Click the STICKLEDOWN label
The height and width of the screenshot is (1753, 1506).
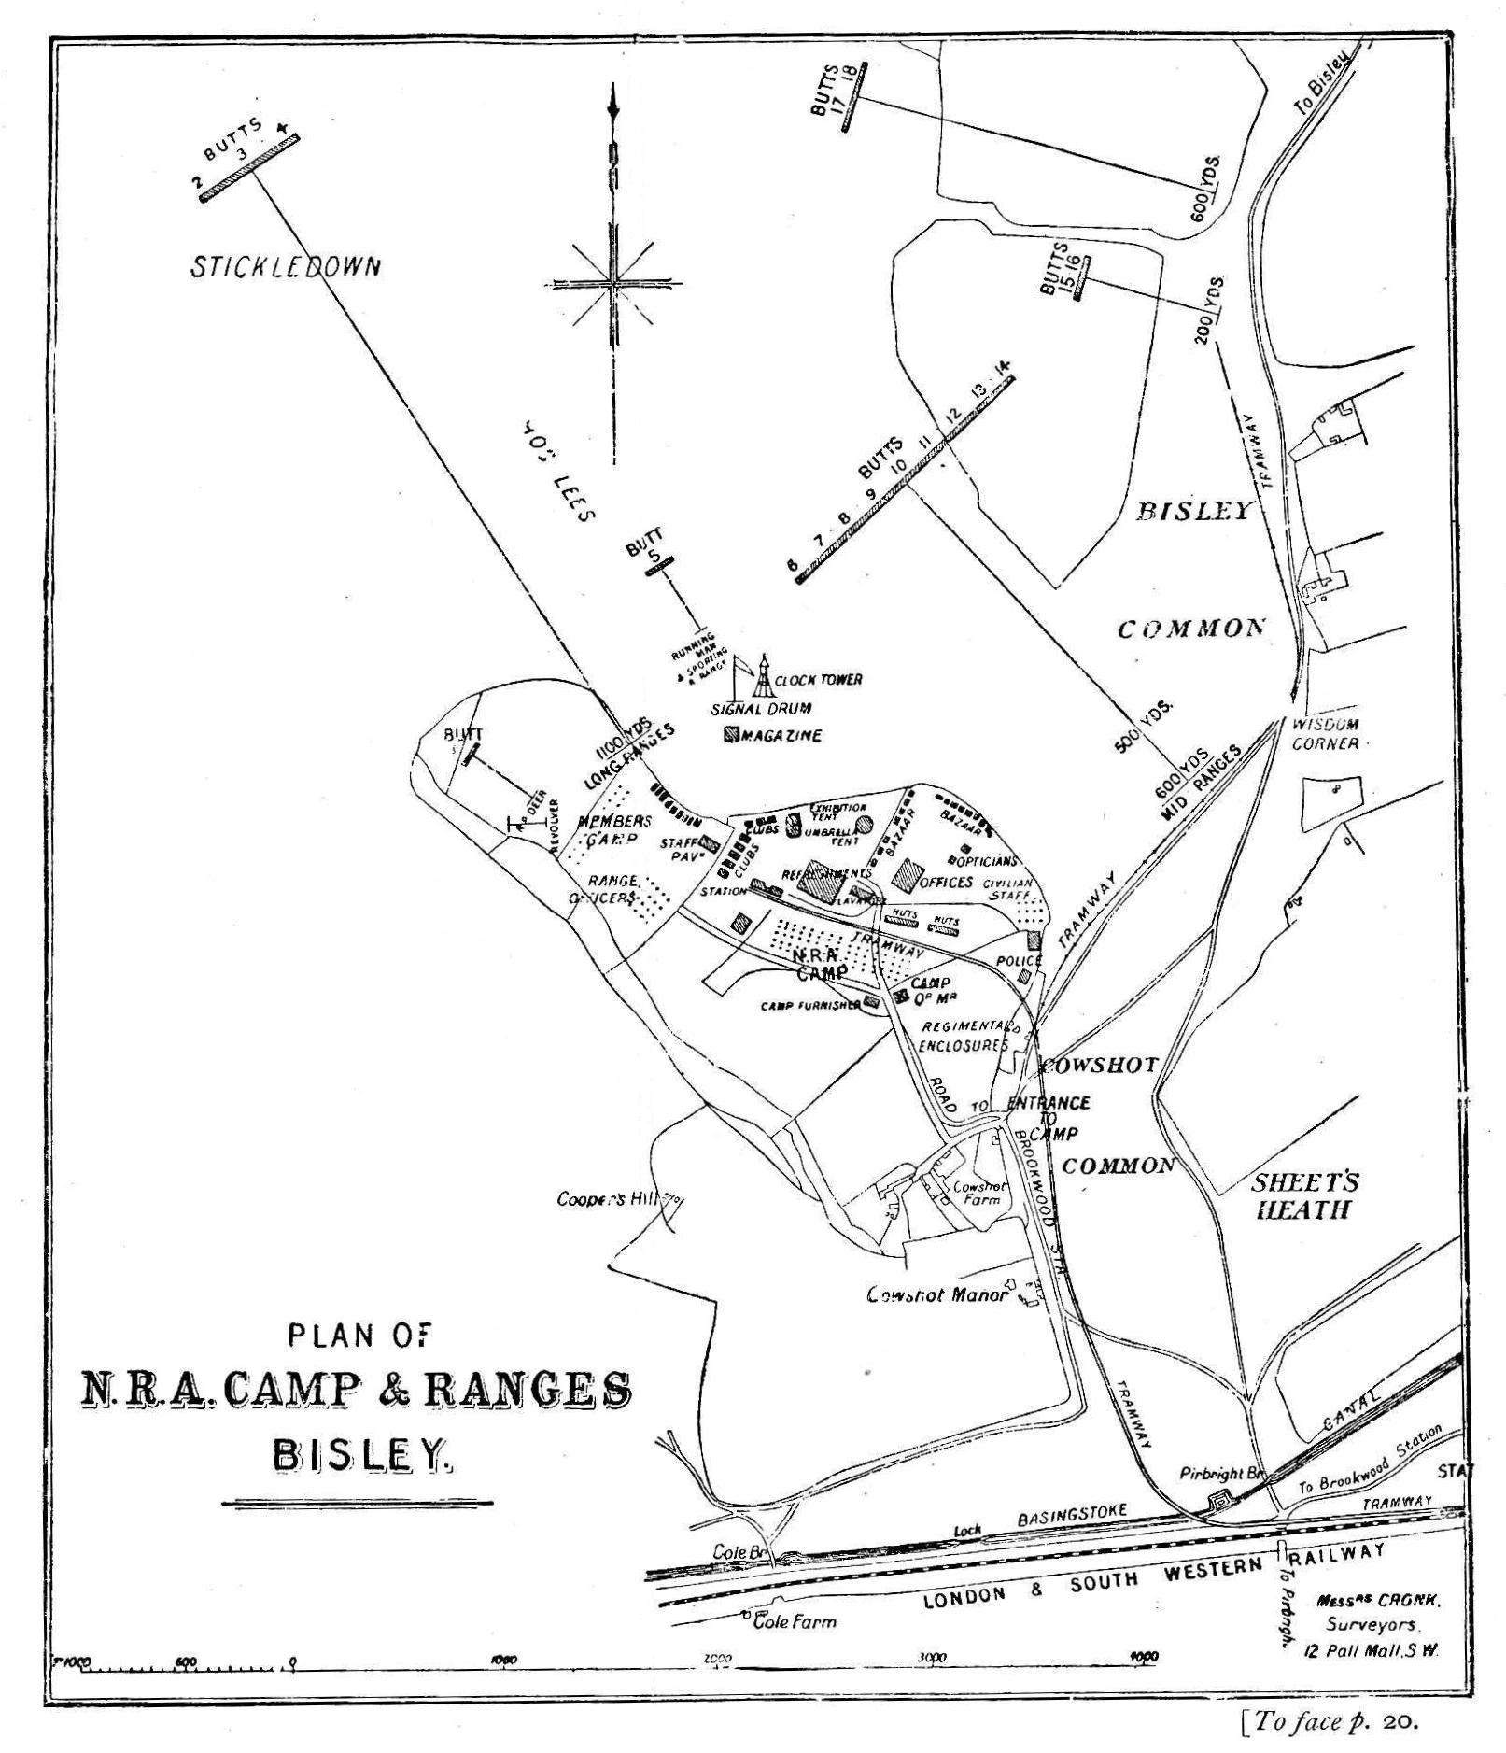pos(286,267)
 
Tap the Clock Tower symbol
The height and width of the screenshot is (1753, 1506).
pos(765,677)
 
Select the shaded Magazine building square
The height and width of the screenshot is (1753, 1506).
pos(731,734)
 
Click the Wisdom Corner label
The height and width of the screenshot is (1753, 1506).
pos(1325,734)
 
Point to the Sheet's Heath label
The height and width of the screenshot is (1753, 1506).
pos(1303,1196)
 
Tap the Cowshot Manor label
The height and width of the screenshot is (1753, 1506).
pos(936,1294)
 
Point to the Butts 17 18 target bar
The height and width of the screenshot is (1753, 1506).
pos(854,96)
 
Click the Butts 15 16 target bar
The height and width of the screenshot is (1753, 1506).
pos(1082,277)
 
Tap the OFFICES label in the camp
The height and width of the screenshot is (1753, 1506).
pos(947,881)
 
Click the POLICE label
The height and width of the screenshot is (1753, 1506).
pos(1017,960)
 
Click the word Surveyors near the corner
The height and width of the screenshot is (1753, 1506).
pos(1372,1625)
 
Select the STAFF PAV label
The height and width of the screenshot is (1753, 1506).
pos(678,849)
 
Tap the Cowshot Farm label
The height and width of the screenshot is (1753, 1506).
pos(979,1193)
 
